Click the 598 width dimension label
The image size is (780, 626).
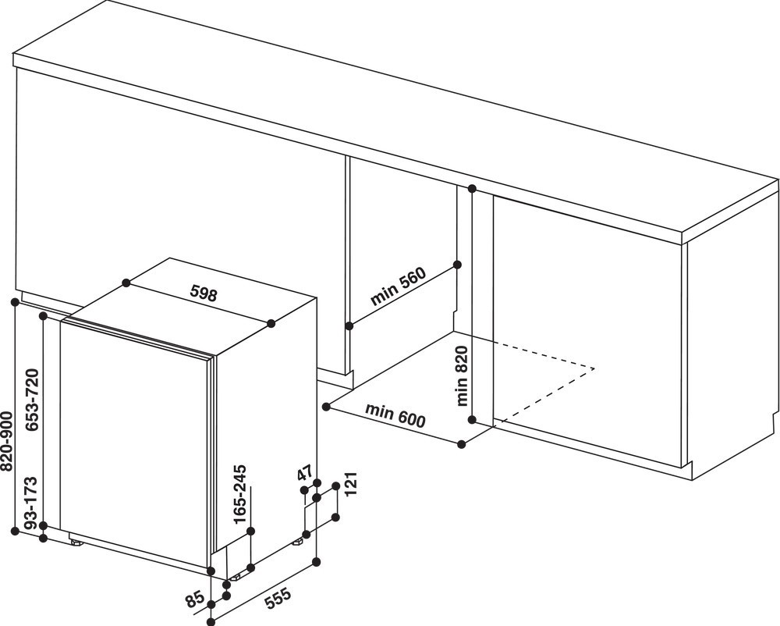point(204,294)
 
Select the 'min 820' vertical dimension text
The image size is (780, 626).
point(461,375)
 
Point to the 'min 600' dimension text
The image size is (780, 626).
point(395,415)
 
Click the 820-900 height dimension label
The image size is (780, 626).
point(7,441)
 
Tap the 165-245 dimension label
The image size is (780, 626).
point(241,493)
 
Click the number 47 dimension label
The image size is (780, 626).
point(304,473)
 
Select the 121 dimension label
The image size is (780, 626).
point(352,484)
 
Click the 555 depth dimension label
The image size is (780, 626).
point(277,598)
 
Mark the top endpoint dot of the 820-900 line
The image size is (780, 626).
point(15,301)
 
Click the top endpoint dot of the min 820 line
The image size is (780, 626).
point(472,189)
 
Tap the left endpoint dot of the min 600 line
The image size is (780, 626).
point(326,407)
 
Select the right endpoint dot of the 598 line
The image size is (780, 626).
point(271,324)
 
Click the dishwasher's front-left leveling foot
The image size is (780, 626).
point(76,542)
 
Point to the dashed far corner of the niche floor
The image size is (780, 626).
point(594,368)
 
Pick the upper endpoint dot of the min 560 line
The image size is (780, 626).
point(458,265)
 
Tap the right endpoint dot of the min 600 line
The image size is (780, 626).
point(462,444)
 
